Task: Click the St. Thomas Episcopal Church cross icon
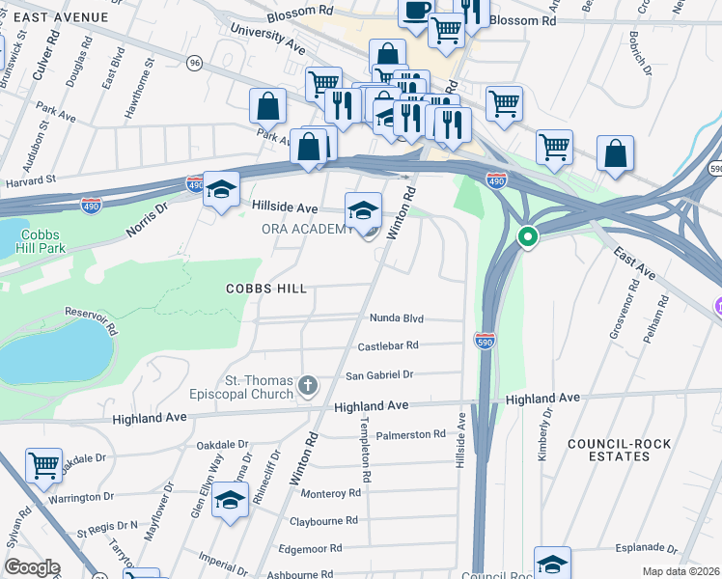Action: point(308,386)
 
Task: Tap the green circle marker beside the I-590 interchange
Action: point(528,236)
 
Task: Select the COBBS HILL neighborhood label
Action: point(266,289)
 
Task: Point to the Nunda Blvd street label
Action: point(397,317)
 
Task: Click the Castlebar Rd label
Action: point(388,345)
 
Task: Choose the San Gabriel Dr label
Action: point(379,374)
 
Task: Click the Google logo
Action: point(32,567)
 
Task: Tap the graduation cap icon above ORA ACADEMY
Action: point(364,209)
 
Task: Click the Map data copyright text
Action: point(681,571)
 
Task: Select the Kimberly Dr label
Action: point(545,433)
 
